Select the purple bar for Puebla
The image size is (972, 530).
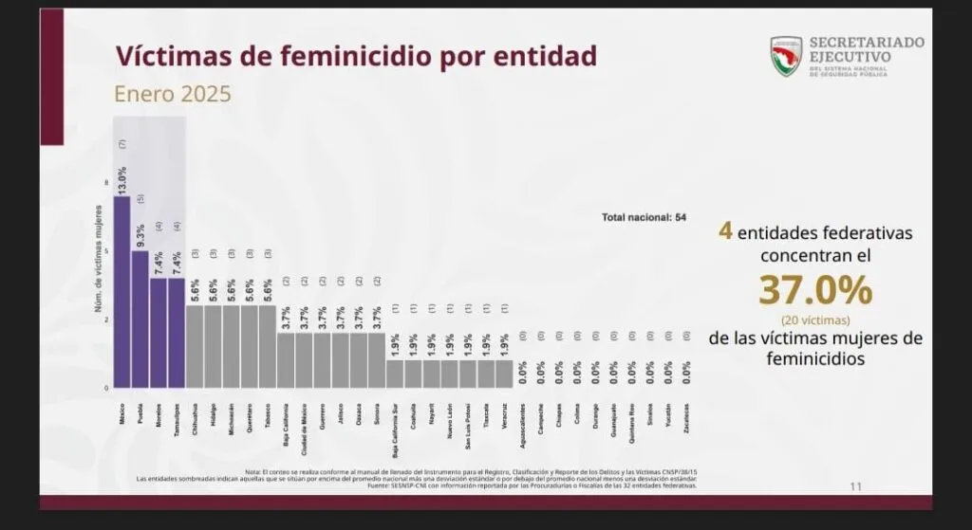click(140, 320)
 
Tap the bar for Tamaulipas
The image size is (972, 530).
click(177, 333)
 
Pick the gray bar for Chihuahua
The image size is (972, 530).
click(195, 346)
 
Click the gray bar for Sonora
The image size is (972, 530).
click(377, 360)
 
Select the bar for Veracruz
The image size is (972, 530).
click(504, 374)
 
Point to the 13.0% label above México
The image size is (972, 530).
click(122, 181)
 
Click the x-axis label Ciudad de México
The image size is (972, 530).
click(304, 433)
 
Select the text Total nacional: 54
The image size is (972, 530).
click(644, 217)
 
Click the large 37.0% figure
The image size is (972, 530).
click(814, 289)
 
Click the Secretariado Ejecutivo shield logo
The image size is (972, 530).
click(786, 56)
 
